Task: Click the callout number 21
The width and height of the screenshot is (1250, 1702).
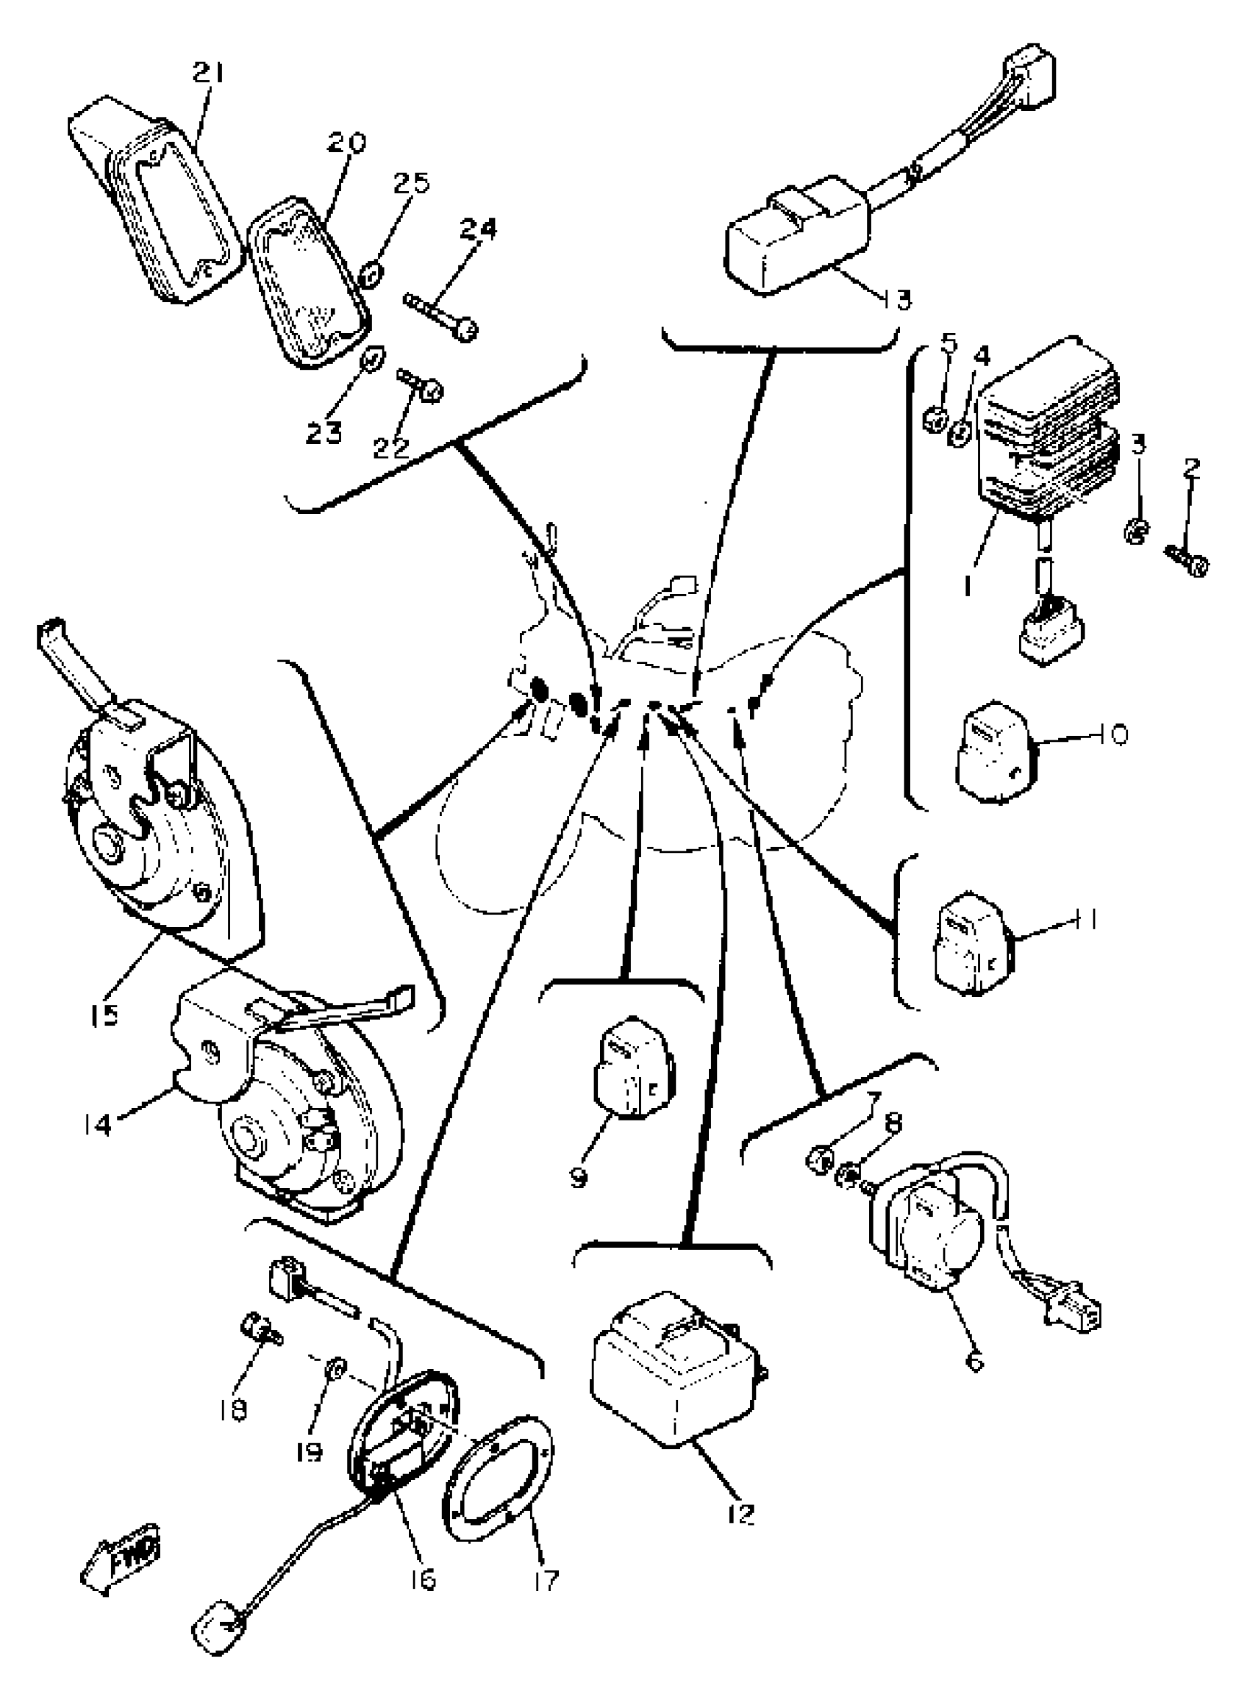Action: point(208,74)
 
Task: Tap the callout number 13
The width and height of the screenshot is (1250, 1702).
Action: point(897,299)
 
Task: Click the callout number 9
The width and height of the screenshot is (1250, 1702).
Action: point(579,1178)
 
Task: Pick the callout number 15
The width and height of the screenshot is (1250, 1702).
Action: point(104,1014)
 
